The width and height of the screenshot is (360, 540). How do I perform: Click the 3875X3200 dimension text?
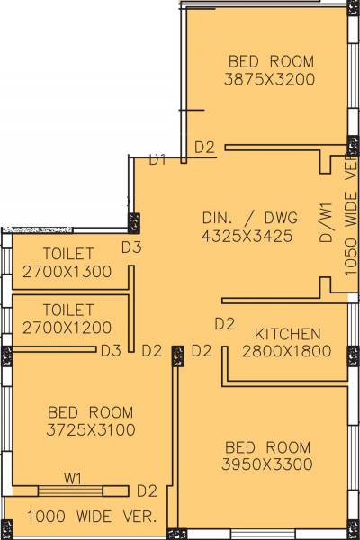point(271,79)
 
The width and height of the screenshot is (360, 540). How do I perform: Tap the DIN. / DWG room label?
point(244,218)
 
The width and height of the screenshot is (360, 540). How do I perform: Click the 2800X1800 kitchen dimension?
point(285,350)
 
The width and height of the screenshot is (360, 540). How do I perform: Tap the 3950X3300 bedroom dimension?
point(267,464)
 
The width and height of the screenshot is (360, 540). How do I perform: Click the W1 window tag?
point(73,478)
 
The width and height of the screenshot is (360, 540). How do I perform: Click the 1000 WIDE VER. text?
point(92,517)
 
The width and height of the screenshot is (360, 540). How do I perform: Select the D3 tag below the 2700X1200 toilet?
point(112,350)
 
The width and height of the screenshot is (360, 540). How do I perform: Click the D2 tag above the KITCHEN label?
point(225,323)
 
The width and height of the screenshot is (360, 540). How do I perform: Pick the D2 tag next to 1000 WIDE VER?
point(147,490)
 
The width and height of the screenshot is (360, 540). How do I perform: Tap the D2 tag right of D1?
point(204,147)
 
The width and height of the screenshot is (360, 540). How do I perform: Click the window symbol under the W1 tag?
point(73,490)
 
